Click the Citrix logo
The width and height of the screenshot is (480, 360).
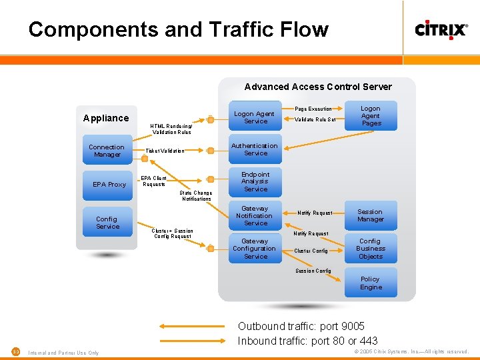click(441, 30)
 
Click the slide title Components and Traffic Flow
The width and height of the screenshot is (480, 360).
click(178, 30)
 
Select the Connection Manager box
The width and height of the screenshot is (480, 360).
click(107, 151)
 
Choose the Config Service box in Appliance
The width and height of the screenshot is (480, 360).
click(107, 223)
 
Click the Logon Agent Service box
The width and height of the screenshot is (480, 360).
click(255, 117)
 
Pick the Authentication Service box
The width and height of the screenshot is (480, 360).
click(255, 149)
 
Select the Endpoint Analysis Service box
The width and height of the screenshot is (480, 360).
click(255, 181)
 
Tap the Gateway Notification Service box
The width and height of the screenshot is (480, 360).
click(255, 215)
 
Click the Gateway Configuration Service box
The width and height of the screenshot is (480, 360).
click(255, 249)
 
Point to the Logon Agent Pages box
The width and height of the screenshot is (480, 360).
click(371, 116)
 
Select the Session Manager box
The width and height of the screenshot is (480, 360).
click(371, 215)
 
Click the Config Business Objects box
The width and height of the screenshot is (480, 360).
click(371, 249)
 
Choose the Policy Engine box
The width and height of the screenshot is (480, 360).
click(371, 283)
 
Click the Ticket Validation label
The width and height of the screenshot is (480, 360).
click(165, 151)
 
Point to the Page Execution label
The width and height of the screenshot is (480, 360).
click(313, 109)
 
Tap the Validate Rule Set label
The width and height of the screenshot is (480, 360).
click(316, 120)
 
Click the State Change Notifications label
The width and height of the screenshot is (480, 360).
click(196, 196)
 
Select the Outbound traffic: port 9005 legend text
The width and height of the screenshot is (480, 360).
click(301, 326)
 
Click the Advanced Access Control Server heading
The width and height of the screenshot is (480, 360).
click(318, 87)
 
